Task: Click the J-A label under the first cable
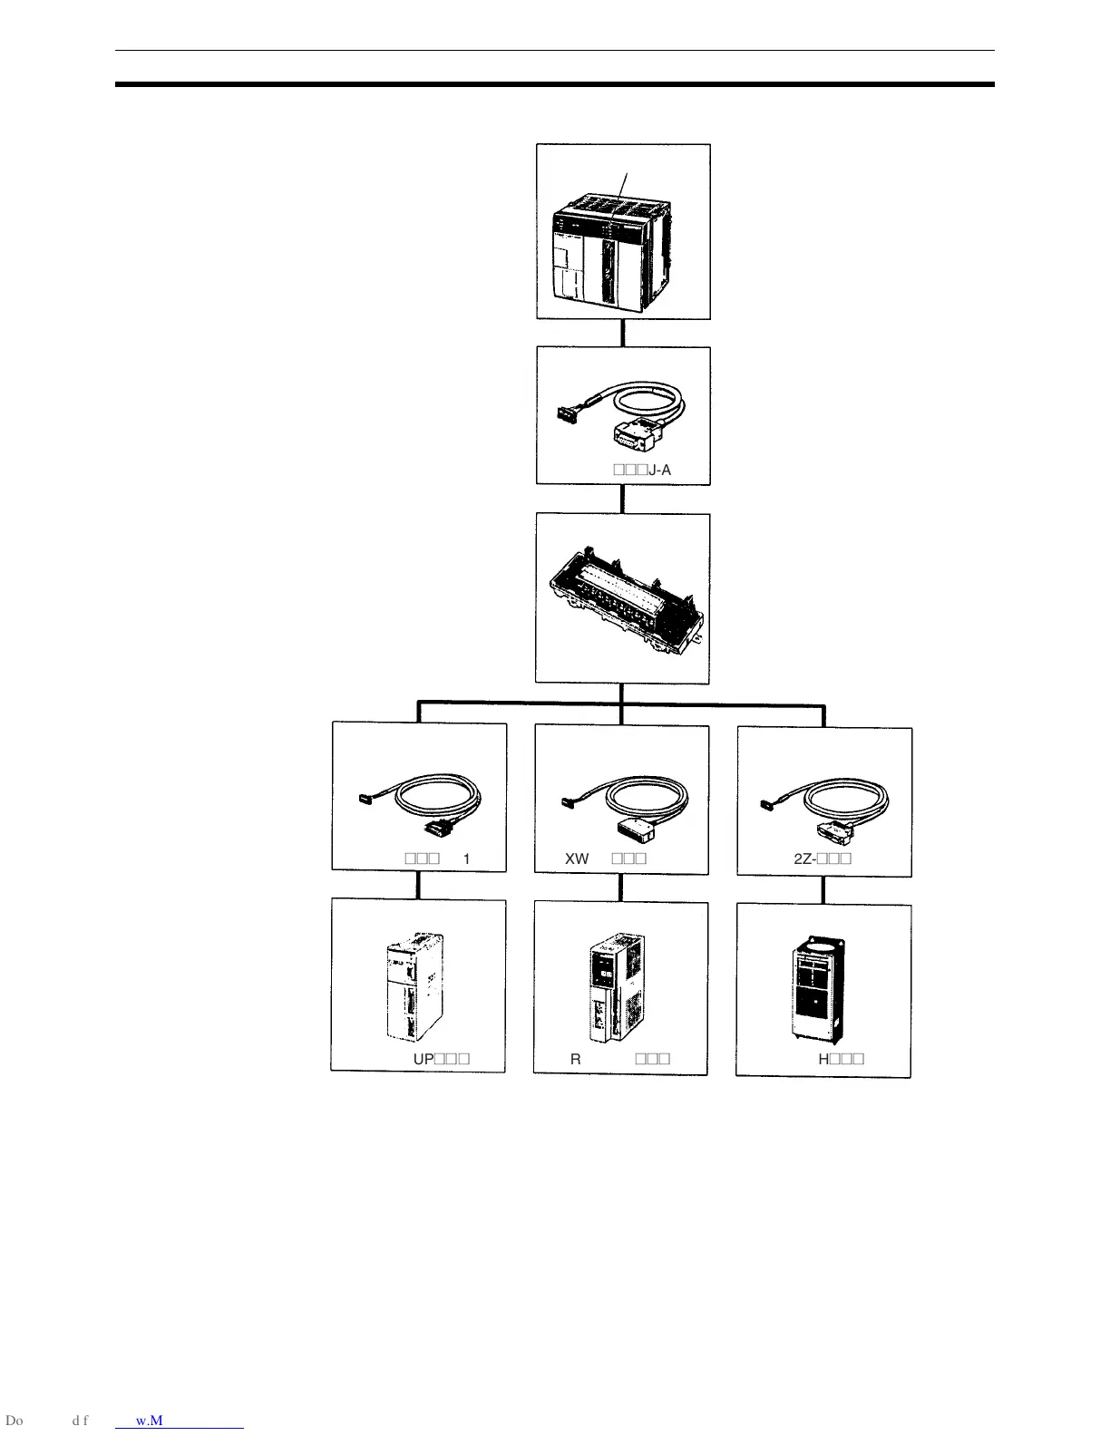pos(659,471)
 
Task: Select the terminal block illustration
pos(623,599)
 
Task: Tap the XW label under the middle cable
pos(577,859)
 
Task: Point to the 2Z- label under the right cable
pos(804,859)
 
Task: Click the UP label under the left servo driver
pos(423,1059)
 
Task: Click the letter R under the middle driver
pos(575,1059)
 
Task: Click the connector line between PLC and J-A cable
pos(623,333)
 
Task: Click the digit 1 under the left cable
pos(467,859)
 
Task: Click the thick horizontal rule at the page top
pos(554,84)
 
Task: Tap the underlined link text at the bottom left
pos(180,1421)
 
